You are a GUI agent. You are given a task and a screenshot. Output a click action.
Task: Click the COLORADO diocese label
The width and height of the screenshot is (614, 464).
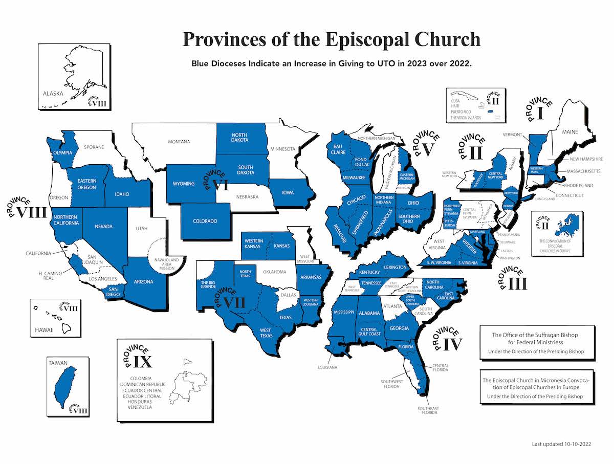click(x=205, y=221)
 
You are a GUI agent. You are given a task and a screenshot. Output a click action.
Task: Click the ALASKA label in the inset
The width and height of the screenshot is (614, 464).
click(x=53, y=94)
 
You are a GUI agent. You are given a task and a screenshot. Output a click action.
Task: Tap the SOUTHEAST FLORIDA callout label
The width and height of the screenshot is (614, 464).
click(x=427, y=411)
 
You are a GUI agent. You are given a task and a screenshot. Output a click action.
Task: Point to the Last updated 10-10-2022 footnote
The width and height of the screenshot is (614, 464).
click(x=561, y=445)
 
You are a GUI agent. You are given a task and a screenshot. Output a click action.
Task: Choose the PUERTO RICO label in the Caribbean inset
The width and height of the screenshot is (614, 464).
click(x=461, y=112)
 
